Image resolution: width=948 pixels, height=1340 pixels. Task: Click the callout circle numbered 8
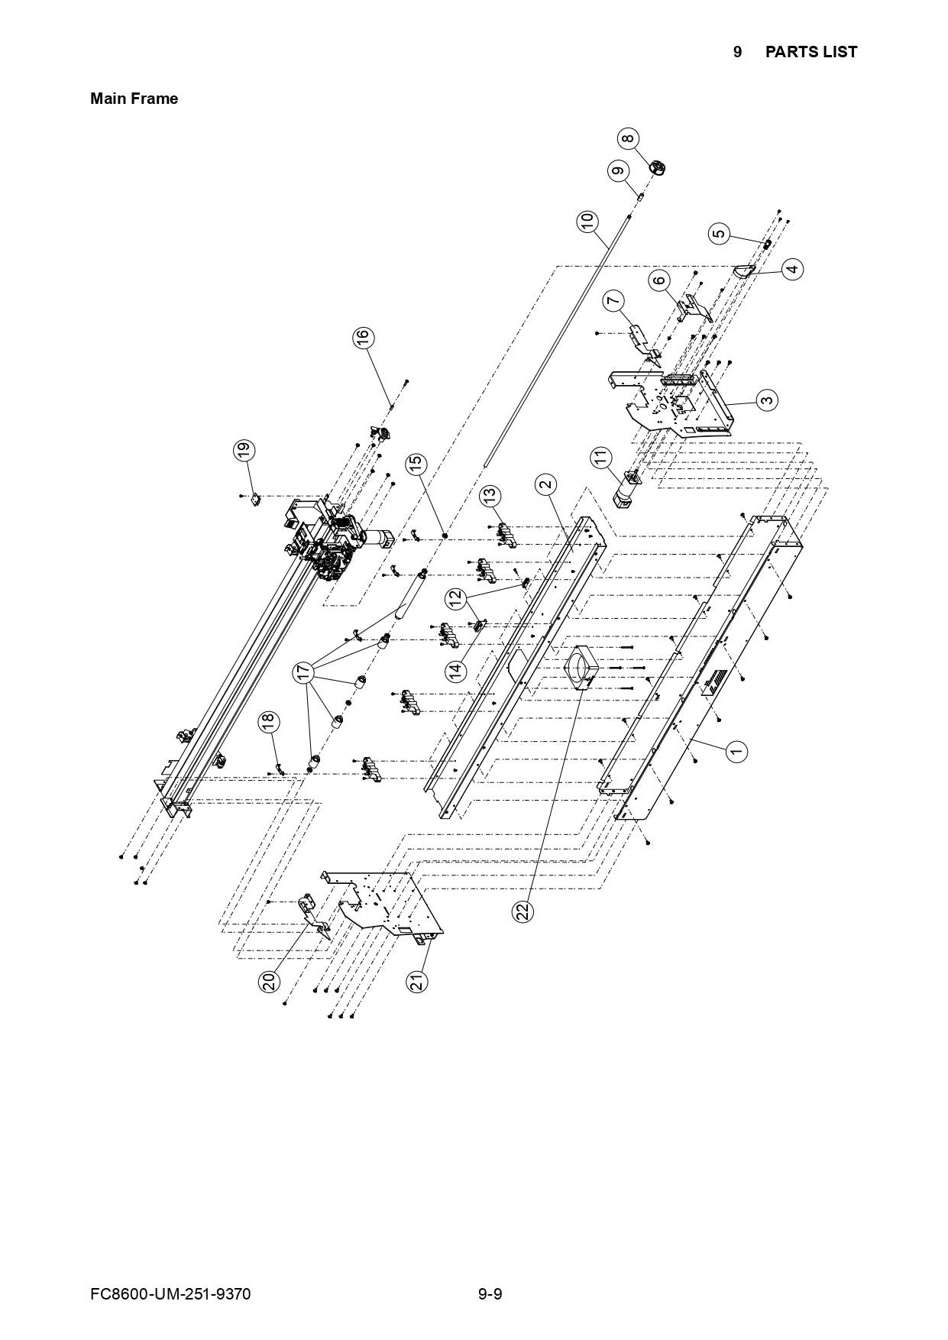[x=627, y=139]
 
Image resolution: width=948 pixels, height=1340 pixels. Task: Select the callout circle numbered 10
[x=587, y=222]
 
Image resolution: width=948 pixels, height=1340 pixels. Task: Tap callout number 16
[x=363, y=337]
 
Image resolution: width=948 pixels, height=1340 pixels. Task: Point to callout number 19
[x=243, y=451]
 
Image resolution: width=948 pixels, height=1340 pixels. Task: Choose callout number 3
[x=767, y=399]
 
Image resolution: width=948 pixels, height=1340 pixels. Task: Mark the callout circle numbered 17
[x=304, y=672]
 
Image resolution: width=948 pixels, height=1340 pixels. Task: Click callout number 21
[x=417, y=982]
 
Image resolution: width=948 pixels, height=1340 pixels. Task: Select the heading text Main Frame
[x=134, y=99]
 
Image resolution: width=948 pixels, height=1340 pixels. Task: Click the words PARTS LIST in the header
[x=810, y=52]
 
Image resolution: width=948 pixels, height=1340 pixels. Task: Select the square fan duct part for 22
[x=581, y=666]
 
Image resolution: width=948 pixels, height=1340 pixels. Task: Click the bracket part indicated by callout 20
[x=313, y=915]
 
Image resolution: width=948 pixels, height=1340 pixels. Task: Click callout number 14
[x=456, y=672]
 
